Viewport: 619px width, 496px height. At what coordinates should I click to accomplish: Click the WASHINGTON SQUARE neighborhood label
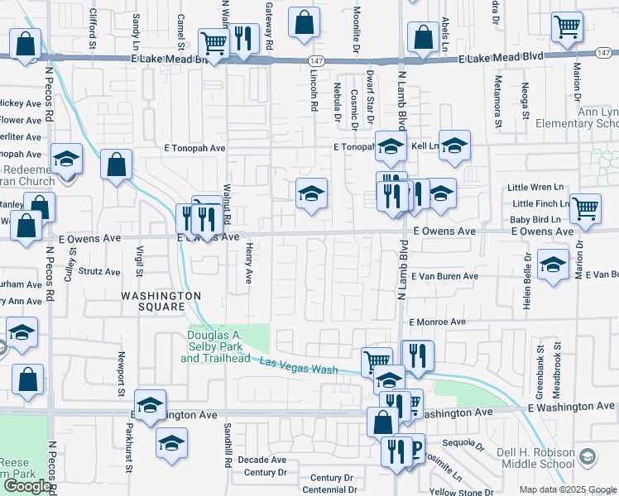(x=161, y=301)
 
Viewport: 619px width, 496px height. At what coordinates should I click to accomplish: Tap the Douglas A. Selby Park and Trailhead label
(x=226, y=346)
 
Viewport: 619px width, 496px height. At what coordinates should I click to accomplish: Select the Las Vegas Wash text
(x=299, y=365)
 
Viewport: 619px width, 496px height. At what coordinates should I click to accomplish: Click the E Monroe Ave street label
(x=437, y=322)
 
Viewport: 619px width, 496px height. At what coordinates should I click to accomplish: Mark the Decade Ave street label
(x=262, y=460)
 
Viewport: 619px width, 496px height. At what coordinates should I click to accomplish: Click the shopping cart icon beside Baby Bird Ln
(x=586, y=209)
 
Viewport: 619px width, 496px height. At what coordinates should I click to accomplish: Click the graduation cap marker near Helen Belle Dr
(x=553, y=265)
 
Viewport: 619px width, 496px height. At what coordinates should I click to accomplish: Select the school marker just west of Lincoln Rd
(x=312, y=194)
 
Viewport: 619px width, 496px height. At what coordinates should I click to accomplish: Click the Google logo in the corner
(x=27, y=486)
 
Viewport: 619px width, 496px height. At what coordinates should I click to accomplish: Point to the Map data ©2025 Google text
(x=567, y=489)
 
